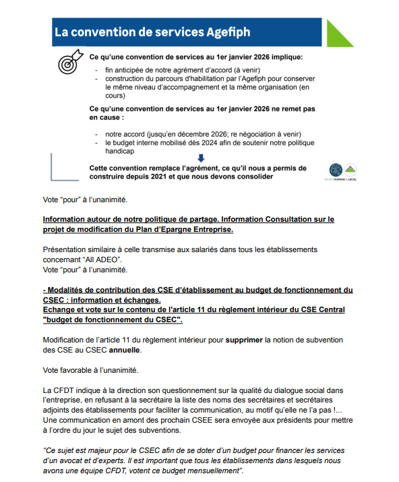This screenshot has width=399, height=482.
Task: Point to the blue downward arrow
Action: (191, 158)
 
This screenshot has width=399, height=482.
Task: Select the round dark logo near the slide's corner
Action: (335, 170)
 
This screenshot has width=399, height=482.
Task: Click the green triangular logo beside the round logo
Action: (350, 169)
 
